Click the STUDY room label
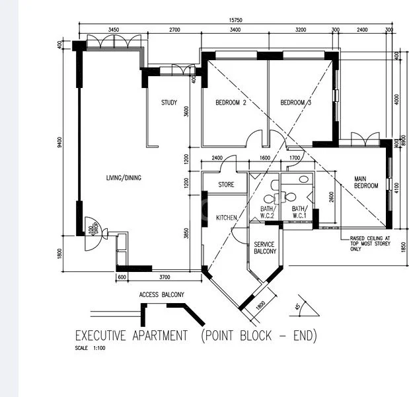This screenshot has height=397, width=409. pyautogui.click(x=169, y=103)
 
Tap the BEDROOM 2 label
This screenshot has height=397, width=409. pyautogui.click(x=231, y=103)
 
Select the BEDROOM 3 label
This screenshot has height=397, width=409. pyautogui.click(x=295, y=103)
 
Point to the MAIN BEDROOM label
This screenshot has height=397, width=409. pyautogui.click(x=365, y=182)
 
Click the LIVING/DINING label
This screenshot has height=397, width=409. pyautogui.click(x=124, y=178)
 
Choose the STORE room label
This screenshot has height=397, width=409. pyautogui.click(x=227, y=185)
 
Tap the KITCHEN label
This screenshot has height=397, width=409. pyautogui.click(x=227, y=218)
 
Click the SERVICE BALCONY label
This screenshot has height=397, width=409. pyautogui.click(x=264, y=247)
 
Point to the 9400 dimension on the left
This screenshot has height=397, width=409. pyautogui.click(x=60, y=142)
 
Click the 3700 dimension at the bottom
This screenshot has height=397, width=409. pyautogui.click(x=165, y=277)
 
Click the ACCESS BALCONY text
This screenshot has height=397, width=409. pyautogui.click(x=161, y=294)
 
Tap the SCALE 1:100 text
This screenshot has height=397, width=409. pyautogui.click(x=91, y=348)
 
